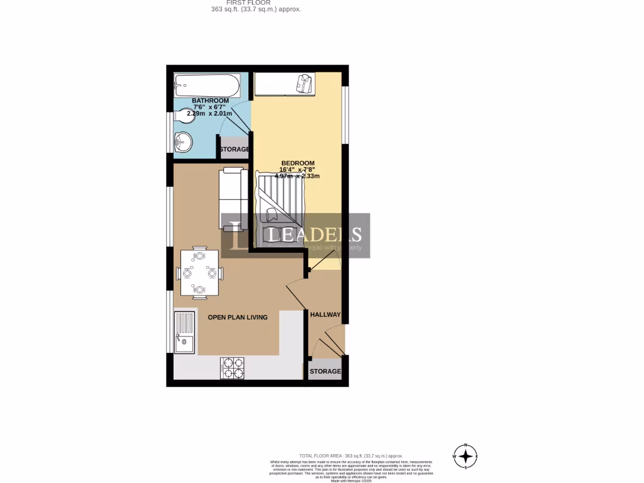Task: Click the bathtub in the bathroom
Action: click(x=207, y=84)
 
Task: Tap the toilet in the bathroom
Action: click(x=185, y=115)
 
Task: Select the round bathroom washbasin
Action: click(x=183, y=141)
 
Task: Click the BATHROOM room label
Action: click(x=210, y=101)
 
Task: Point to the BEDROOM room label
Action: click(x=297, y=163)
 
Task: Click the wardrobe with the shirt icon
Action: click(x=285, y=84)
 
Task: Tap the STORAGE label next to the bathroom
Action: click(x=234, y=149)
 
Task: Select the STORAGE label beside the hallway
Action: click(x=325, y=371)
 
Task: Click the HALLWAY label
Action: click(x=325, y=314)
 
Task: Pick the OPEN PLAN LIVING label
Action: click(x=238, y=317)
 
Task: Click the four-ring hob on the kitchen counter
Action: click(x=232, y=368)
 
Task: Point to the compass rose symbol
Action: click(x=465, y=456)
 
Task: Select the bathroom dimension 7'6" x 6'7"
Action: click(x=210, y=108)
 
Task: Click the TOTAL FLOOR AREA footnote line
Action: click(x=350, y=455)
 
